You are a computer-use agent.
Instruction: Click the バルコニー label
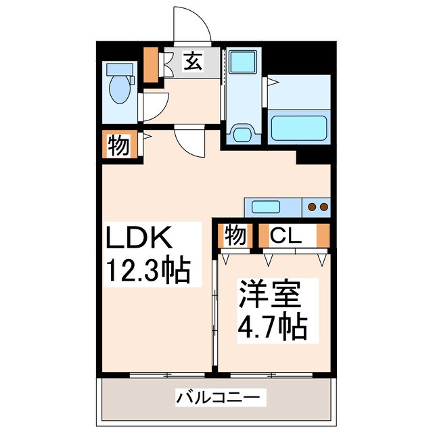click(x=216, y=396)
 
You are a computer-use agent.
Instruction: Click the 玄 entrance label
click(x=192, y=62)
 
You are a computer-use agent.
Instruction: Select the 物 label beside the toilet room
click(x=118, y=146)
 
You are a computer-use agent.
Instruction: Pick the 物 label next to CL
click(x=235, y=235)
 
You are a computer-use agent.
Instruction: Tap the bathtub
click(x=299, y=127)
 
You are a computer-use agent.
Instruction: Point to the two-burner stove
click(x=317, y=206)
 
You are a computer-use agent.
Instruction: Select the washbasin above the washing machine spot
click(x=239, y=62)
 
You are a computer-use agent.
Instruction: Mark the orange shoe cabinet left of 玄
click(x=152, y=62)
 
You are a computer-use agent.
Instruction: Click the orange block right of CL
click(x=323, y=235)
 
